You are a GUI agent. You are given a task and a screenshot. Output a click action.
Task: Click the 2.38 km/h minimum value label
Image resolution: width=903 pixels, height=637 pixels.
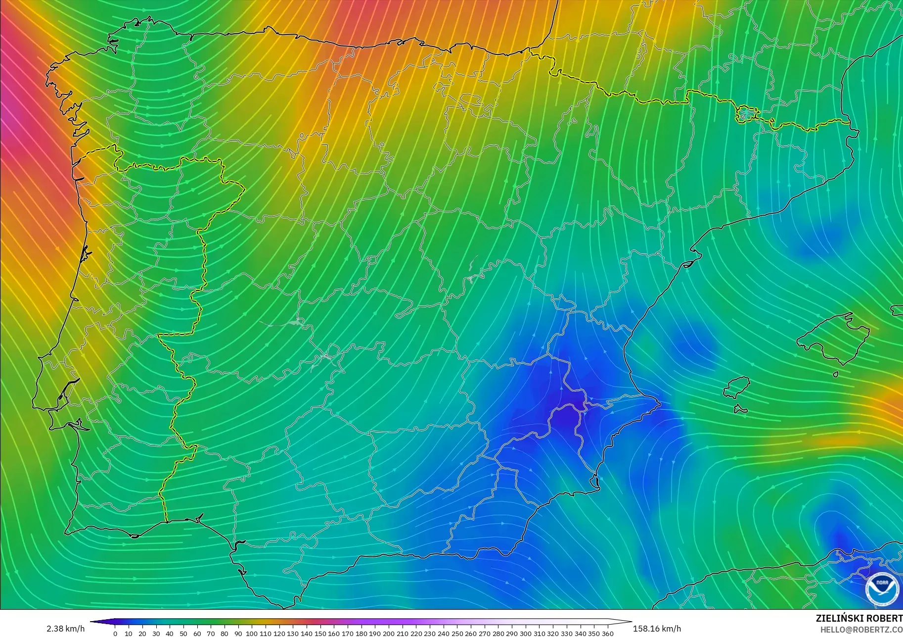(66, 629)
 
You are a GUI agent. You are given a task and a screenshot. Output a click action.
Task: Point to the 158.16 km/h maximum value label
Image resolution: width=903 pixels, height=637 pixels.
(657, 629)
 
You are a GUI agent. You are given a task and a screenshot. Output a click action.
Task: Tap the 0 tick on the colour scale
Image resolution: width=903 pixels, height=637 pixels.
(115, 633)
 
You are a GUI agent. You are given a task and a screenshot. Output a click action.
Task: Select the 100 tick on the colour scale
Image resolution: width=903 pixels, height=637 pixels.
(252, 633)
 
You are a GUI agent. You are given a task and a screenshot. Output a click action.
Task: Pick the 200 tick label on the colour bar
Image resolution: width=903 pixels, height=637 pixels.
(389, 633)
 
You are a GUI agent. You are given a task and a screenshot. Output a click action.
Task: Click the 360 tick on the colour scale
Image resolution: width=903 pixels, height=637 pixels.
(608, 633)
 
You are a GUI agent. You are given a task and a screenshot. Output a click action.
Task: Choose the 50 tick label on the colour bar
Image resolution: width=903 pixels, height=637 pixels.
(183, 633)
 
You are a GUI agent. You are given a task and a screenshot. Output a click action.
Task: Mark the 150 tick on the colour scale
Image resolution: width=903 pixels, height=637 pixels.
(320, 633)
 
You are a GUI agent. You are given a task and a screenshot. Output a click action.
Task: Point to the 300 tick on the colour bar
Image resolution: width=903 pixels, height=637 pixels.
(526, 633)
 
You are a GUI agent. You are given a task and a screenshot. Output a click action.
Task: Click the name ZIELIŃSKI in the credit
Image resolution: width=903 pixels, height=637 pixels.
(838, 619)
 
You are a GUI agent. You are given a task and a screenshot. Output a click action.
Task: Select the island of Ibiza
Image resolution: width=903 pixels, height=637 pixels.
(737, 387)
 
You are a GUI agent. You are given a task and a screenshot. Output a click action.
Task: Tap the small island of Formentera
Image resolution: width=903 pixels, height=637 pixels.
(740, 409)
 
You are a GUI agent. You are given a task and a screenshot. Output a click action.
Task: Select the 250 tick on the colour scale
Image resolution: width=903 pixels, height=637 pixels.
(457, 633)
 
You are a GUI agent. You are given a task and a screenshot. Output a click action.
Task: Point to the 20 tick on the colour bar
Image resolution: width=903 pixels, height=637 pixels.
(142, 633)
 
